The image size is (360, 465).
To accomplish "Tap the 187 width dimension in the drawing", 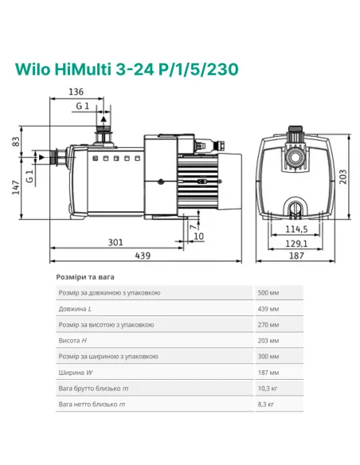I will (296, 256).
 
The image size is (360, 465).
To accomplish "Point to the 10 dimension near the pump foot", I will (198, 236).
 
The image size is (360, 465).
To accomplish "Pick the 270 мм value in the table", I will (268, 325).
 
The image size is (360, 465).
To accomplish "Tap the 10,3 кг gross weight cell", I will (267, 389).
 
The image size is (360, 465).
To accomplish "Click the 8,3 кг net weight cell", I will (266, 404).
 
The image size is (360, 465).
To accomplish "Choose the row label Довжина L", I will (76, 309).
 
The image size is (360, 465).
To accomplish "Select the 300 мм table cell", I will (268, 357).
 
